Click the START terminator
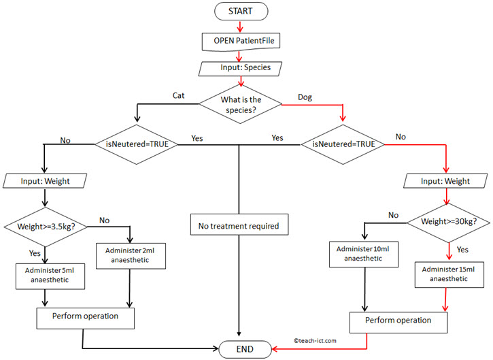tap(241, 12)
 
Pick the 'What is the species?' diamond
tap(241, 105)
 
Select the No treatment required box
tap(238, 226)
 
